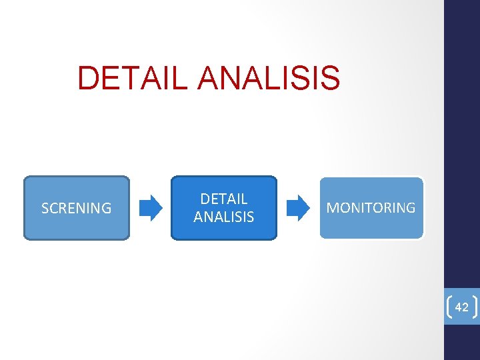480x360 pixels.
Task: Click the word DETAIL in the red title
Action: (133, 77)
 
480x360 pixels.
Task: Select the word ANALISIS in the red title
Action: (269, 77)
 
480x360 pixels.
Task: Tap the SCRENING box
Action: (77, 208)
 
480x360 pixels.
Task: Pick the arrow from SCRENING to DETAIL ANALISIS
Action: (151, 207)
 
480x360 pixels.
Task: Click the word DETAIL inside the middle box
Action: (224, 199)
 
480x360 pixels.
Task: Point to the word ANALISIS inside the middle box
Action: (224, 217)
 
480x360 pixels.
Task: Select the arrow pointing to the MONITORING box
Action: (298, 207)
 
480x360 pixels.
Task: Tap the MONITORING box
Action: (371, 207)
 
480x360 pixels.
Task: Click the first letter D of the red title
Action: (88, 77)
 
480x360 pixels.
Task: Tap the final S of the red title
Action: (331, 77)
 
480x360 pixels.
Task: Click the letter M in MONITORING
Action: (332, 208)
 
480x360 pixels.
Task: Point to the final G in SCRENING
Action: (106, 209)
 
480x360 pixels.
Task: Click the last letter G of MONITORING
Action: (410, 208)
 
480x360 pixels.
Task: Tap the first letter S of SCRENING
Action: (45, 209)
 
